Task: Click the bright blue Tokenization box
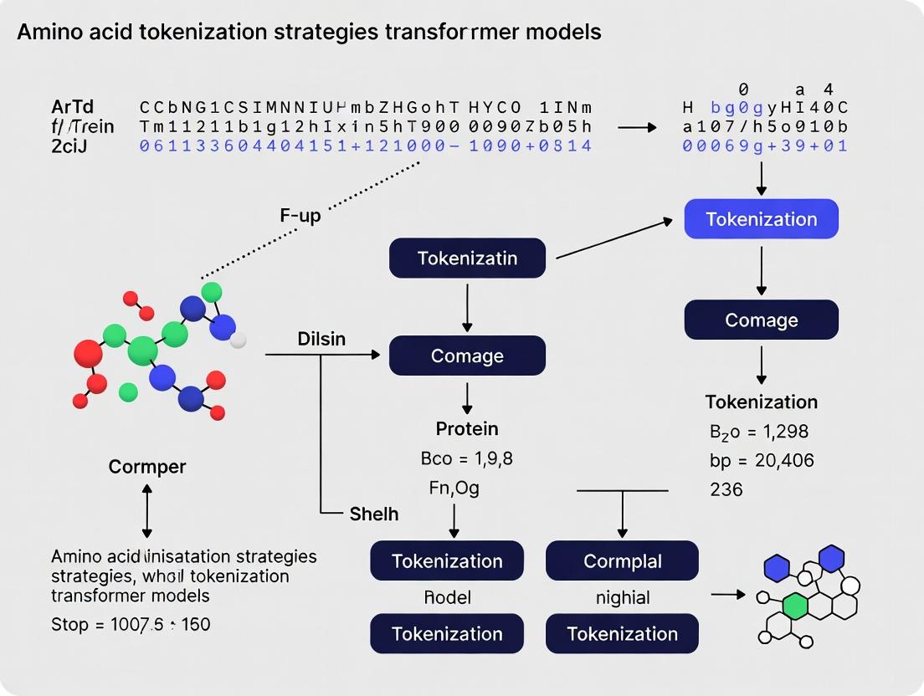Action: (761, 219)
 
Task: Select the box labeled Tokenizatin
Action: (467, 258)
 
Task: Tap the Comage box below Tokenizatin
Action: (467, 356)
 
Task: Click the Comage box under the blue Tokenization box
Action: (761, 320)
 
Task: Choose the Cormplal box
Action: (622, 560)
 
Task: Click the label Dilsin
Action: (321, 340)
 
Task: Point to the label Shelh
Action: (373, 514)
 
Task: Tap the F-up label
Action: (300, 215)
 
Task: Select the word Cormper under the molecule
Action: (147, 467)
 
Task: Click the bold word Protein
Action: (467, 429)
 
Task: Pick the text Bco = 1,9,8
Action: (466, 458)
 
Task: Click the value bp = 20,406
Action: (761, 460)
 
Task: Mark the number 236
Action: (726, 489)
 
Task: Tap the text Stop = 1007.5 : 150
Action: (131, 624)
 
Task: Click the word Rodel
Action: (447, 597)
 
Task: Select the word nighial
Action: (623, 597)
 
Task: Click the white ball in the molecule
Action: (239, 340)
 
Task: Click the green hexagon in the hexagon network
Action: (795, 604)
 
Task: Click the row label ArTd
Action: (72, 107)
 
